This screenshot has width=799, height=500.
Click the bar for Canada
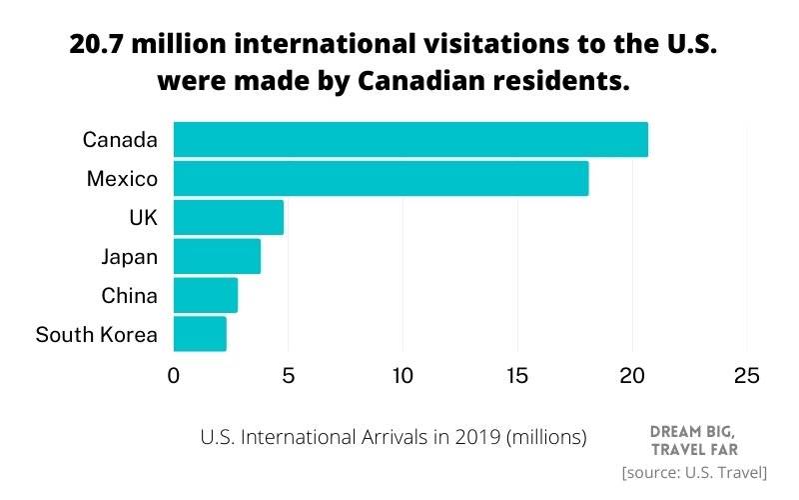coord(410,139)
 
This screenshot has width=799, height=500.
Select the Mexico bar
coord(381,178)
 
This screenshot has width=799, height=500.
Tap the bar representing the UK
coord(229,217)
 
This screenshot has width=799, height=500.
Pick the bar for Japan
coord(217,256)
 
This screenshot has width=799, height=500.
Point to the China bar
coord(206,295)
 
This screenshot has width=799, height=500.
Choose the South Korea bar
coord(200,334)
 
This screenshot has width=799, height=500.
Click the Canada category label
coord(120,140)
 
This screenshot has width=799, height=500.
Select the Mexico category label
coord(122,179)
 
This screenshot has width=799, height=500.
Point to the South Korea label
coord(96,335)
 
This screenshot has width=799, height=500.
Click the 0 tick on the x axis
coord(174,376)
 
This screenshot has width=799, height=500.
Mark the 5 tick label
coord(289,376)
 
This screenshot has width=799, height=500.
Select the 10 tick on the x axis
coord(402,376)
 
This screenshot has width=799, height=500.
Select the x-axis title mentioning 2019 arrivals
coord(394,437)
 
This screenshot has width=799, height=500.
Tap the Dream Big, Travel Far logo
coord(693,439)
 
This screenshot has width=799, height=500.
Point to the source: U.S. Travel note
coord(693,472)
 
